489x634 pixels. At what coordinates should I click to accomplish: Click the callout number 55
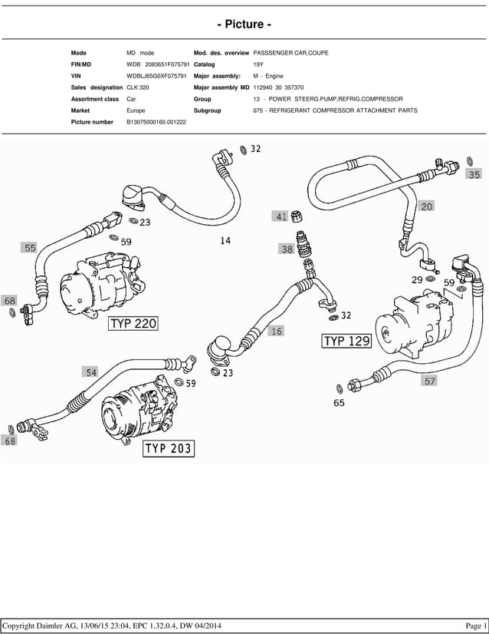click(30, 248)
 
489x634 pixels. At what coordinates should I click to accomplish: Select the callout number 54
click(91, 372)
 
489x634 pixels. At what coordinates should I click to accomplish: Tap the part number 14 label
click(225, 241)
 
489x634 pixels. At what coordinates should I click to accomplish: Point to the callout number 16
click(276, 332)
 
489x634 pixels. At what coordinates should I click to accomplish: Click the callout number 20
click(427, 206)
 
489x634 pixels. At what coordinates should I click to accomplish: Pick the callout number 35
click(474, 175)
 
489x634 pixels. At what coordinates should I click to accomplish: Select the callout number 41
click(281, 217)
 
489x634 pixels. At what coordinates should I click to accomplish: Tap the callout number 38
click(287, 249)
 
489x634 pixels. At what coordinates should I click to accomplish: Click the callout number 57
click(429, 380)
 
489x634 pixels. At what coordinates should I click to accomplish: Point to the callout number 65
click(339, 402)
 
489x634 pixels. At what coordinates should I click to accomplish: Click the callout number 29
click(417, 279)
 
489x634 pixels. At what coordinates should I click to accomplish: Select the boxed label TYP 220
click(133, 324)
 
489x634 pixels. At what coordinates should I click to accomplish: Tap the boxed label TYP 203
click(169, 448)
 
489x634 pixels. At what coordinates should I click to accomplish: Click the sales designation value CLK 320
click(139, 88)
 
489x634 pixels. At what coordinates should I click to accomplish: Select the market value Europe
click(136, 111)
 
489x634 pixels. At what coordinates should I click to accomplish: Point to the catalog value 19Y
click(259, 64)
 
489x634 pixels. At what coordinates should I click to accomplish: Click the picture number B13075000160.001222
click(156, 122)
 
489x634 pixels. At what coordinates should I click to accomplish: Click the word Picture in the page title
click(244, 25)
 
